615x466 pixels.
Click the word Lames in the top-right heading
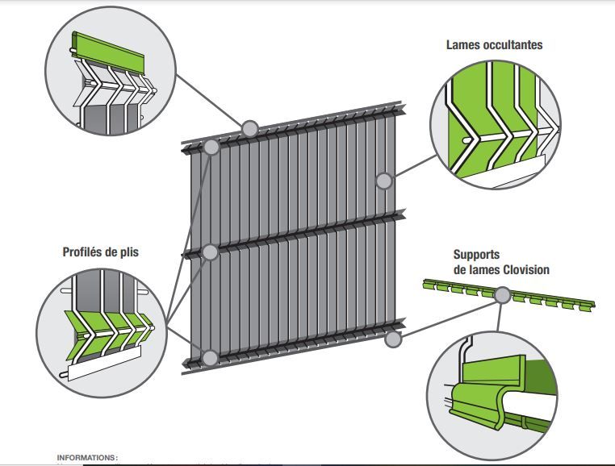pos(464,45)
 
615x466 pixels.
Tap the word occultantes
pos(513,45)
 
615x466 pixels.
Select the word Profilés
pos(86,252)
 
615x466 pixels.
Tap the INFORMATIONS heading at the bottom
pos(87,457)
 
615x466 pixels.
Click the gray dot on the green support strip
pos(501,296)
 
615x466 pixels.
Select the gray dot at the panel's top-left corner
pos(211,148)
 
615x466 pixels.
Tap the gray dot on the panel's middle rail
pos(210,252)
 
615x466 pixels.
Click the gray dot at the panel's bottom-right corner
pos(393,339)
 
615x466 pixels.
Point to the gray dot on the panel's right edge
pos(384,181)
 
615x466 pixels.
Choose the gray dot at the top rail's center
pos(249,128)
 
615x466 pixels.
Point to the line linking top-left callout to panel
pos(210,102)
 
